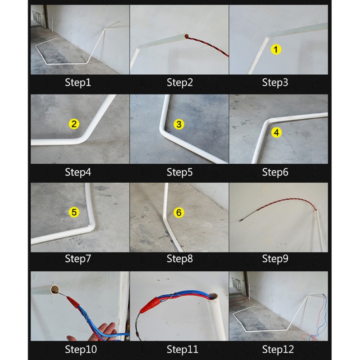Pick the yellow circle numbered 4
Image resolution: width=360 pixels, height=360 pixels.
tap(276, 132)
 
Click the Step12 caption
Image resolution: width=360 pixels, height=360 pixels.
tap(278, 349)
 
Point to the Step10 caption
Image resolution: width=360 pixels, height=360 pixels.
tap(81, 349)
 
